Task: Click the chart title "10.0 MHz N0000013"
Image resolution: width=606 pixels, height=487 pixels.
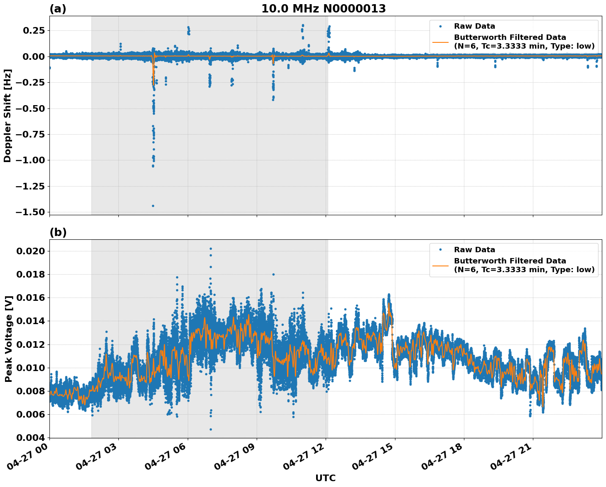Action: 323,9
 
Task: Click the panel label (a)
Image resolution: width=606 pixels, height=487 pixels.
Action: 58,9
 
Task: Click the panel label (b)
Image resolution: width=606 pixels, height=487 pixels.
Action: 58,232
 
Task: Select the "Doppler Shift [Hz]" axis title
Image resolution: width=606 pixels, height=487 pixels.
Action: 7,116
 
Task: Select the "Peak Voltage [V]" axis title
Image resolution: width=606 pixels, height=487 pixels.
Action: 8,339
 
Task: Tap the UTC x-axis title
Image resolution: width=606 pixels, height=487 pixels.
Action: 325,478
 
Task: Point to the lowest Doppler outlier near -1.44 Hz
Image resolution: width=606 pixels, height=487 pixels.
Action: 153,206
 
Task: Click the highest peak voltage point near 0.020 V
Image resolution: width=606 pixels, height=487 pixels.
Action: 211,248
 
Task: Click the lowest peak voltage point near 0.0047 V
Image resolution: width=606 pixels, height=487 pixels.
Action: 211,429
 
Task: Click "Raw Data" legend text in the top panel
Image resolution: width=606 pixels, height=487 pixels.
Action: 474,26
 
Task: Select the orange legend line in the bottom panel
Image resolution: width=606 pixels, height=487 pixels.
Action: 440,265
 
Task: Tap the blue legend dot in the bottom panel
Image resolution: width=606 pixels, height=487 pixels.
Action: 440,250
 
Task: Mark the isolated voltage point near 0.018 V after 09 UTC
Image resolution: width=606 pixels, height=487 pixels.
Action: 273,274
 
